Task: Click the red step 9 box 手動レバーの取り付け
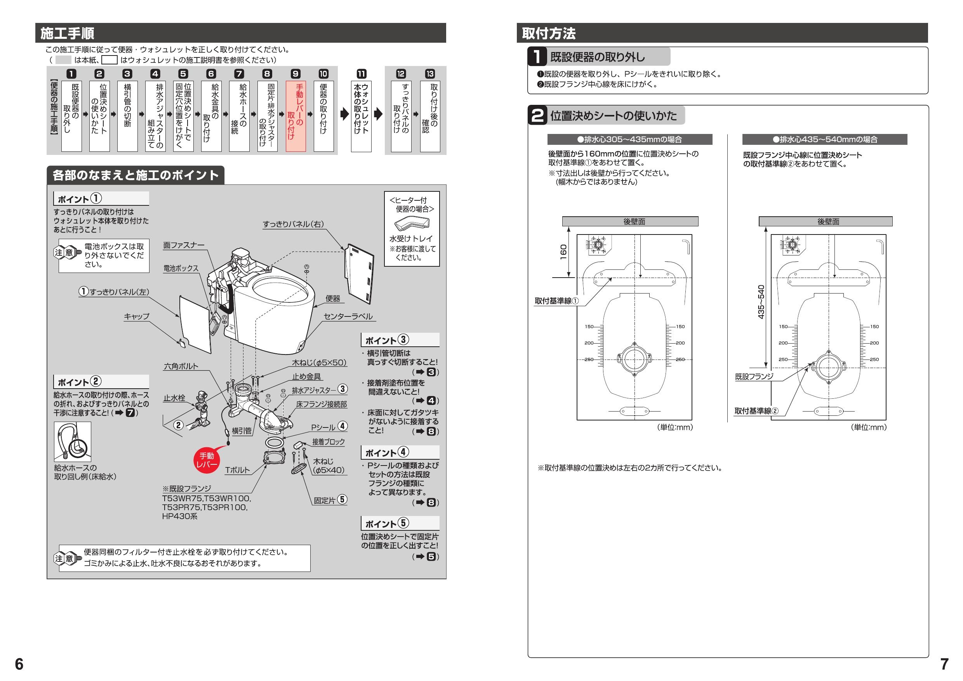[x=296, y=116]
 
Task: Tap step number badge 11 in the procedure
[x=361, y=74]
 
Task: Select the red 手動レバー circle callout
[x=206, y=460]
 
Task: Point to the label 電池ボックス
[x=181, y=268]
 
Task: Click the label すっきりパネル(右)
[x=293, y=224]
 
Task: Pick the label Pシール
[x=323, y=427]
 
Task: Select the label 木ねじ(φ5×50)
[x=319, y=363]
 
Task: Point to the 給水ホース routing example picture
[x=73, y=441]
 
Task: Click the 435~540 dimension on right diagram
[x=761, y=302]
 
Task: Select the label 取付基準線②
[x=756, y=411]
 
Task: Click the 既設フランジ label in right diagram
[x=754, y=377]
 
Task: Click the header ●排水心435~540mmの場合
[x=825, y=140]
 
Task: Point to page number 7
[x=944, y=664]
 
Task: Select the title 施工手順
[x=68, y=33]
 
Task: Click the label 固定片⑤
[x=330, y=500]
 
